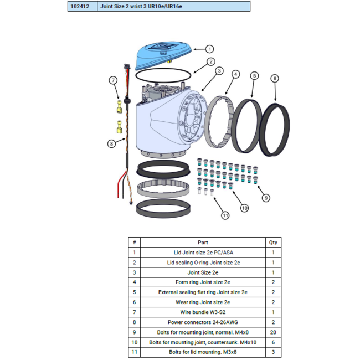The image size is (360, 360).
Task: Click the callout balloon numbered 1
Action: coord(209,49)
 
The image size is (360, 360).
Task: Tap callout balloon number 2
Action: coord(211,61)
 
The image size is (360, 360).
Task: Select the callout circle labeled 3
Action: coord(219,71)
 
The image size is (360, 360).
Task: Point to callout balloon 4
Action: coord(236,74)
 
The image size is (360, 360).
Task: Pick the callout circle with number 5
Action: coord(254,76)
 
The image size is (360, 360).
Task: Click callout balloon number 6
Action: coord(275,79)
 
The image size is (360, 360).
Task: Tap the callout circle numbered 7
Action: coord(114,80)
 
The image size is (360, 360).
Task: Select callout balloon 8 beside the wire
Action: coord(111,143)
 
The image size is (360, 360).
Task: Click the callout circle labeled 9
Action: coord(266,198)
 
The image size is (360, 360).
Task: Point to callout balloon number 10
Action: coord(244,208)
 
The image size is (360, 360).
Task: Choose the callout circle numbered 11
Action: coord(225,215)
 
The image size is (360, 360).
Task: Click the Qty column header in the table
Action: coord(273,242)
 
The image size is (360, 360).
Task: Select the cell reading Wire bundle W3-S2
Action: coord(203,312)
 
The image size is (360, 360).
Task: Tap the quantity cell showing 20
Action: coord(273,332)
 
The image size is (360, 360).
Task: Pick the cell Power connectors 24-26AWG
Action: coord(203,322)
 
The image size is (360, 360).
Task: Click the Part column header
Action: coord(203,242)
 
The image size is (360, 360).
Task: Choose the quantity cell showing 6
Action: coord(273,342)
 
